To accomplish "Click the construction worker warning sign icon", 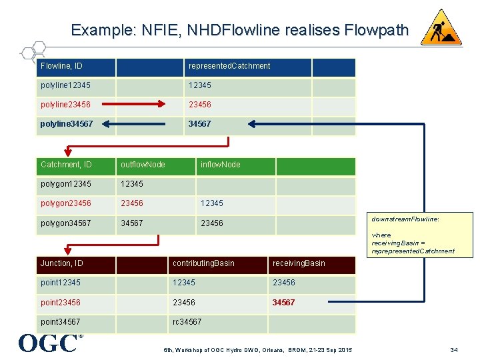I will (x=441, y=28).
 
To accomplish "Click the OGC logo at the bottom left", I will (x=49, y=343).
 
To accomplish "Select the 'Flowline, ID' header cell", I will (x=66, y=66).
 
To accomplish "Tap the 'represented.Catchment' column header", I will (x=229, y=66).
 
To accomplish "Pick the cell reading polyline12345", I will (x=66, y=85).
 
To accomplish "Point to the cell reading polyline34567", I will (x=67, y=124).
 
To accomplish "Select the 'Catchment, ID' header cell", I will (x=67, y=165).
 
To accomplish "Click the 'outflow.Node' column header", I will (x=143, y=165).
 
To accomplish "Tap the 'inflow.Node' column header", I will (x=221, y=165).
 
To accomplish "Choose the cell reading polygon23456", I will (x=66, y=203).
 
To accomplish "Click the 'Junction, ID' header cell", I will (x=62, y=263).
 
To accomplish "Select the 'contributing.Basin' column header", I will (x=204, y=263).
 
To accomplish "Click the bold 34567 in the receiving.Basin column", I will (x=284, y=303).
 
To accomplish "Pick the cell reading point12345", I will (x=61, y=283).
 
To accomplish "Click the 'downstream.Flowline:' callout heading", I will (x=405, y=219).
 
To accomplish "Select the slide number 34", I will (x=454, y=350).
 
